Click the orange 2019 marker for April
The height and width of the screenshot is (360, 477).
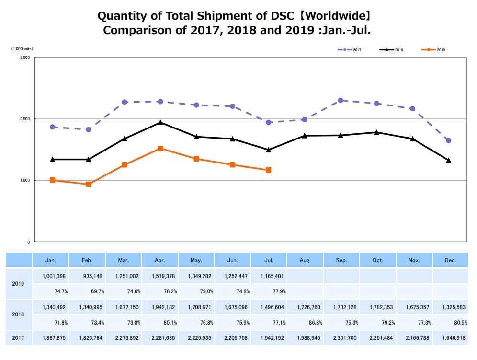[x=160, y=149]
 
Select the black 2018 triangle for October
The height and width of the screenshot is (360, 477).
[x=376, y=132]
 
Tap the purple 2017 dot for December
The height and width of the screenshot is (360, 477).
[x=449, y=140]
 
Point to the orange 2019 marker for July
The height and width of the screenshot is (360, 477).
[x=269, y=170]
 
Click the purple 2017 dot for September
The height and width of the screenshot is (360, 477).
[x=341, y=100]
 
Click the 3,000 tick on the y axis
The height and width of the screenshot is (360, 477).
[x=24, y=58]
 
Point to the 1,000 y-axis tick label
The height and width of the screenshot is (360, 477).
[x=24, y=180]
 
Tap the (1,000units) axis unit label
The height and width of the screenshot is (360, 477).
[x=22, y=49]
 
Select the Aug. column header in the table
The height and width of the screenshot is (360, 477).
[x=305, y=260]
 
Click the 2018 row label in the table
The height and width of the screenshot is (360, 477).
[x=19, y=314]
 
